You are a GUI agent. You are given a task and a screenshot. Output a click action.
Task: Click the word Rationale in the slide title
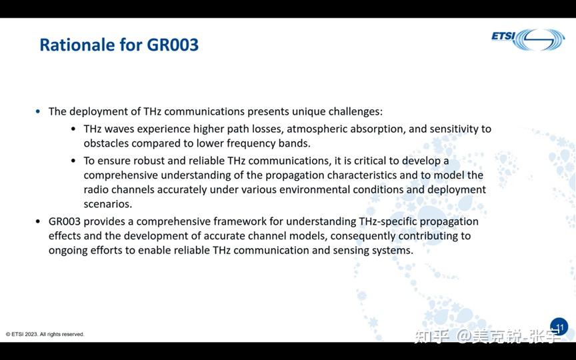pos(77,45)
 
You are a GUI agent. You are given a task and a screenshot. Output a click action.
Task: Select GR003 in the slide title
pos(173,45)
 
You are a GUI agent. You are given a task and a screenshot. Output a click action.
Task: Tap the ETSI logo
pos(528,39)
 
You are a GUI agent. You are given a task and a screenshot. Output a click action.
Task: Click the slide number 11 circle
pos(559,327)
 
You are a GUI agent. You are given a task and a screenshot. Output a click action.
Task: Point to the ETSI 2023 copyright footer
pos(45,334)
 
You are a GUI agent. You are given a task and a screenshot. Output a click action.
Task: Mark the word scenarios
pos(107,204)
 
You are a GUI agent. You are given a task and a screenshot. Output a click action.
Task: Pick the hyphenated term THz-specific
pos(386,221)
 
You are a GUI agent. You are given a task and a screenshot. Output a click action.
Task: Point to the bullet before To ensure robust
pos(73,161)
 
